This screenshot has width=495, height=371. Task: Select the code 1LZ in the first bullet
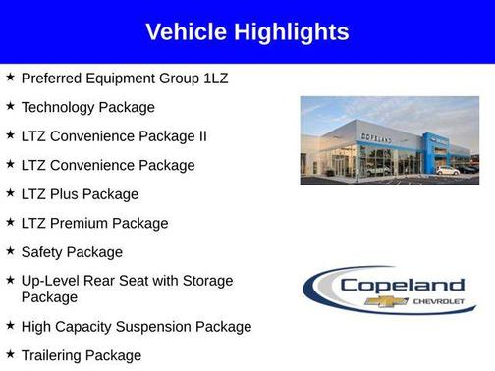[214, 78]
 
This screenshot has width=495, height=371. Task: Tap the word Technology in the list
[60, 107]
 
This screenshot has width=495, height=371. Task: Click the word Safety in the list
[43, 251]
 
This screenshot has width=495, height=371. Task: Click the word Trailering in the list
[53, 355]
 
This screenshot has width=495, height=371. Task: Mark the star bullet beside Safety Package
[10, 250]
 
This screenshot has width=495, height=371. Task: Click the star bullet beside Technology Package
[10, 105]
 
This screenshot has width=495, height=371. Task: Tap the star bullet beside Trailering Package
[10, 353]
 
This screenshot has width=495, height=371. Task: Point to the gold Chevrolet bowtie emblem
[379, 301]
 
